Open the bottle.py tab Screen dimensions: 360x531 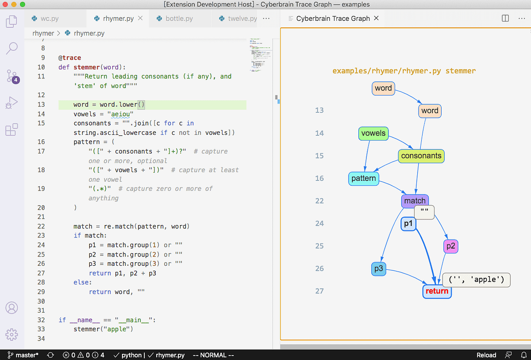(179, 19)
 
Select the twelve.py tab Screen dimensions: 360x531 (242, 19)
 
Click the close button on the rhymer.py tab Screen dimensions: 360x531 (140, 19)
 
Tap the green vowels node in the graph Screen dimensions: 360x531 (373, 133)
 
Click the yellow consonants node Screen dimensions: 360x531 (421, 156)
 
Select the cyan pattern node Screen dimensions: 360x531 (363, 179)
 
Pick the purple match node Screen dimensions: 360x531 (415, 201)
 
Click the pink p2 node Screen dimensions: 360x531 (450, 246)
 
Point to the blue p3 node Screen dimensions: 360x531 (378, 268)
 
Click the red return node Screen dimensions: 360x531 (437, 291)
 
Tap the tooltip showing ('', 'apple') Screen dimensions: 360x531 (476, 280)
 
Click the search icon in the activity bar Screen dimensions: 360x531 (12, 48)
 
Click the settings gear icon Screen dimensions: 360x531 (12, 334)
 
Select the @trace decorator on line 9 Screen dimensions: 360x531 (69, 58)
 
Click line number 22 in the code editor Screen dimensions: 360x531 (41, 226)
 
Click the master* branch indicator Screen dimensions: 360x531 (23, 355)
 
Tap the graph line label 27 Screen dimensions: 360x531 (319, 291)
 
